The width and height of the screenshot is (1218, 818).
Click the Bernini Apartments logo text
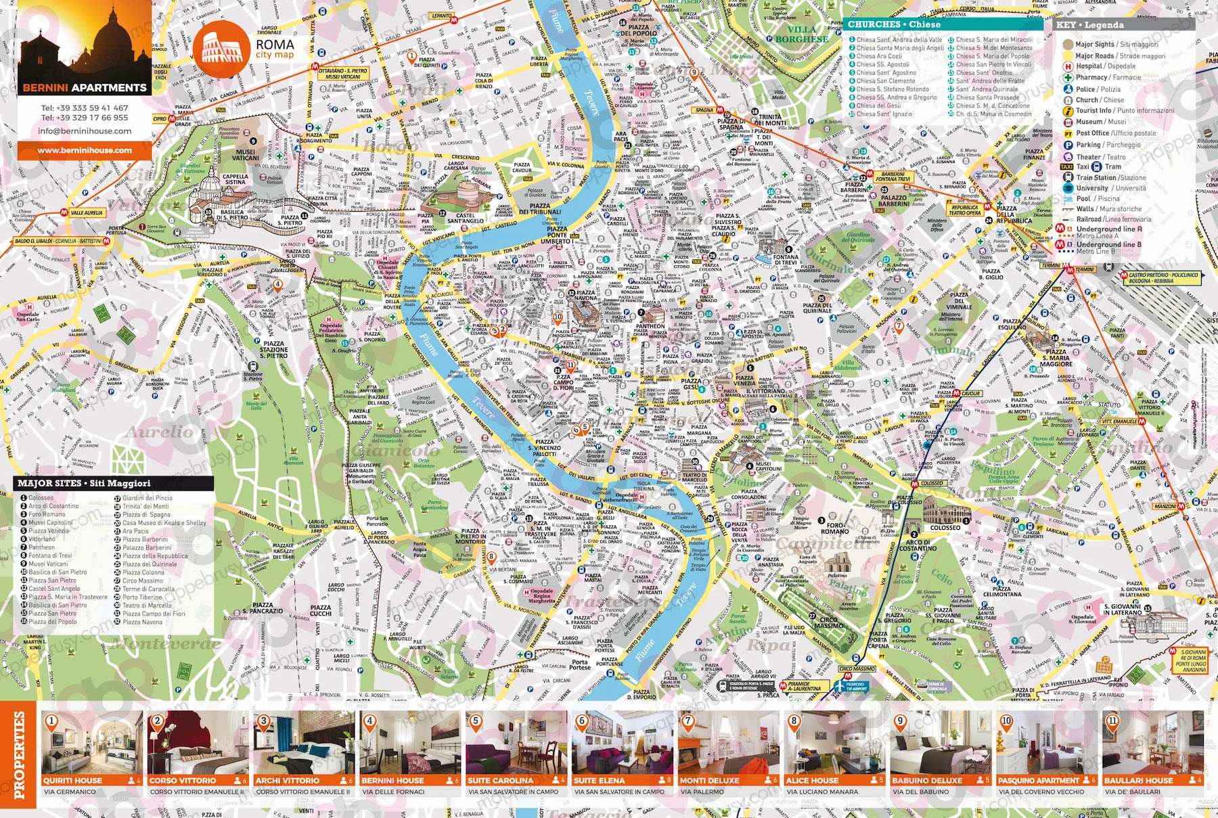pos(84,87)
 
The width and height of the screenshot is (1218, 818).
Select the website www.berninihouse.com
pos(84,150)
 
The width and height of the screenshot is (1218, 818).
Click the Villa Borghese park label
pos(801,34)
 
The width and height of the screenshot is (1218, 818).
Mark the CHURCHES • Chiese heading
pos(894,24)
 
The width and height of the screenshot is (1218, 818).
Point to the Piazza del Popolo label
pos(638,30)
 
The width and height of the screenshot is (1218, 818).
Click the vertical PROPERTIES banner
pos(19,754)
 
